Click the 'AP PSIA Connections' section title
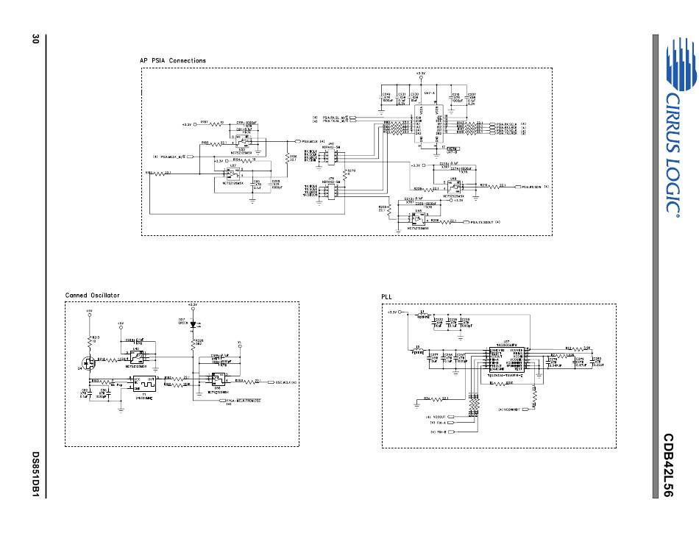pyautogui.click(x=173, y=60)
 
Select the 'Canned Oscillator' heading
pyautogui.click(x=92, y=296)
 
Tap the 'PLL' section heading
pyautogui.click(x=386, y=296)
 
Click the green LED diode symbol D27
pyautogui.click(x=193, y=323)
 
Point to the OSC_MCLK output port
pyautogui.click(x=283, y=382)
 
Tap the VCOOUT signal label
pyautogui.click(x=442, y=418)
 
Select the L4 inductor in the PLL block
pyautogui.click(x=423, y=314)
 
